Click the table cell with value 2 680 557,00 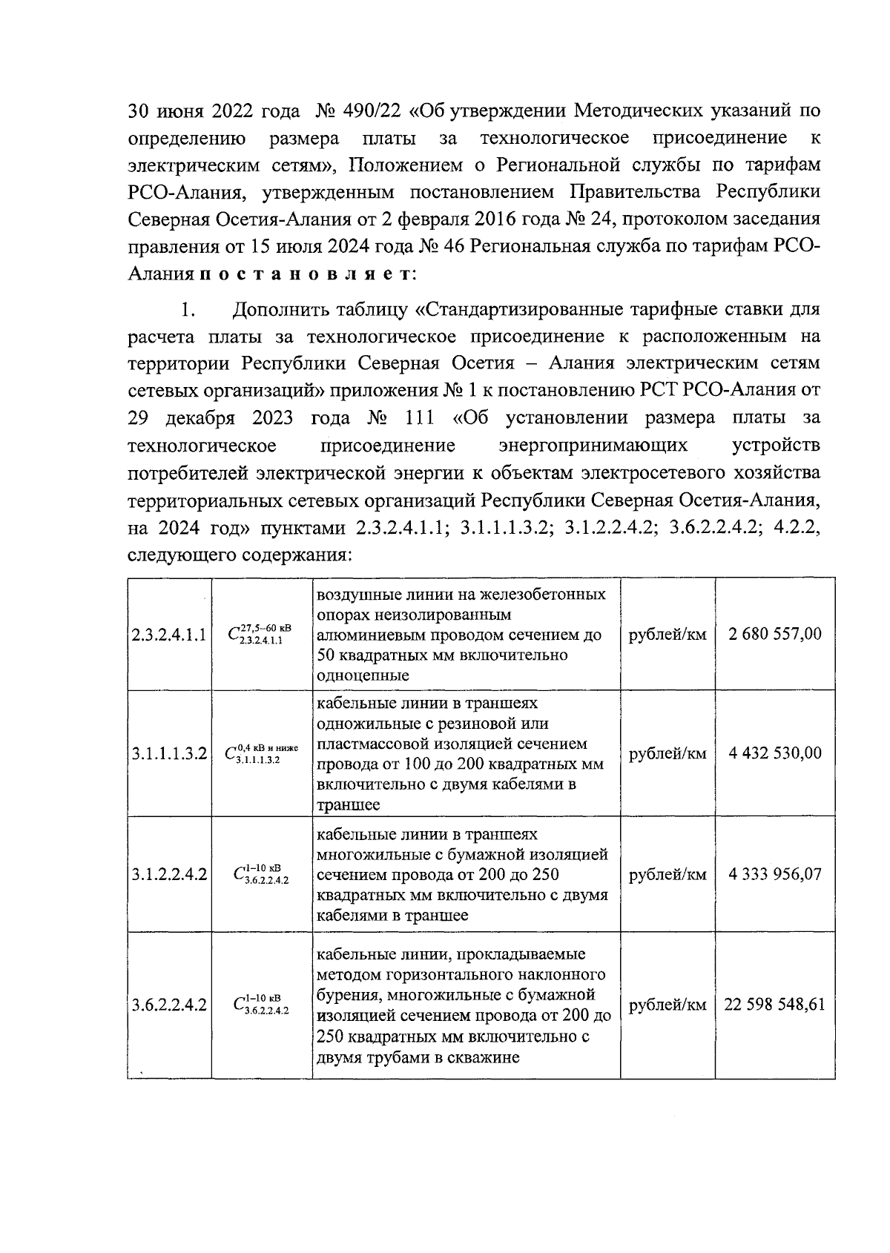click(775, 634)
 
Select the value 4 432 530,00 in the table click(775, 753)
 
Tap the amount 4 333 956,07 click(775, 875)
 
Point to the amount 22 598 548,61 click(775, 1005)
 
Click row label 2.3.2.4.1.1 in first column click(168, 635)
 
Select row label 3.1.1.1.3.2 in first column click(168, 754)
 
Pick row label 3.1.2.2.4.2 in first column click(168, 875)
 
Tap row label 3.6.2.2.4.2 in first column click(168, 1006)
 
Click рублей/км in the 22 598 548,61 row click(667, 1005)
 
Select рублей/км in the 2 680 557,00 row click(667, 634)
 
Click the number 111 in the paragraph click(420, 418)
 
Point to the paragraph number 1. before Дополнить click(188, 308)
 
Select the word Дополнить click(282, 308)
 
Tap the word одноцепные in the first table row click(363, 675)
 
